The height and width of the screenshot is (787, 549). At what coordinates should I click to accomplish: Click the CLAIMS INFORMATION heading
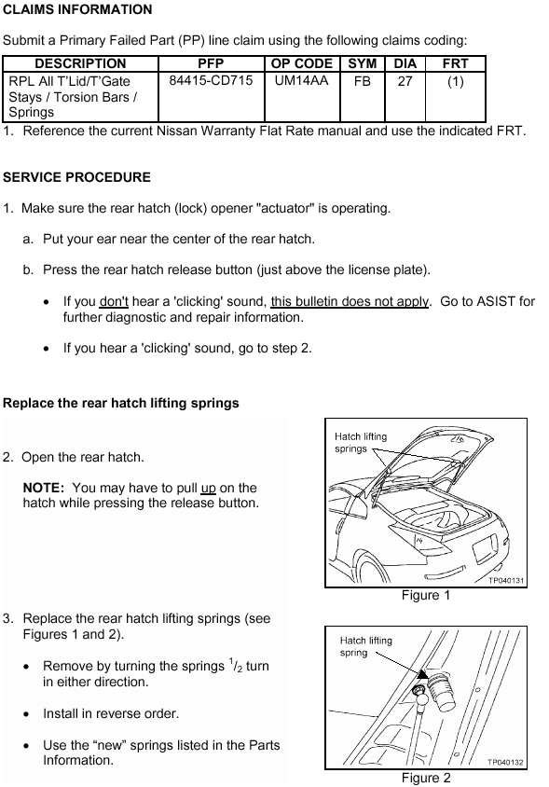click(x=77, y=9)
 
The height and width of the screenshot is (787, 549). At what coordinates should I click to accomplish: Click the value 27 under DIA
click(x=405, y=81)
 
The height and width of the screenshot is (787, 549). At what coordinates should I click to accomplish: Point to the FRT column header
click(x=455, y=63)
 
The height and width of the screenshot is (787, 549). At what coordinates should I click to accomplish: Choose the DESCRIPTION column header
click(x=80, y=63)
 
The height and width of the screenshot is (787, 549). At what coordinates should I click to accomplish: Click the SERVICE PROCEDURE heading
click(x=76, y=177)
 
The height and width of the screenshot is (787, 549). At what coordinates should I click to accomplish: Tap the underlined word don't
click(x=114, y=301)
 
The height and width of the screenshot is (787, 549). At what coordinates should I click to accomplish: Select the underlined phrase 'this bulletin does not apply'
click(x=350, y=301)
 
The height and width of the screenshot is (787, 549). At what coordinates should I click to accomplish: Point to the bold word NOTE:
click(x=44, y=488)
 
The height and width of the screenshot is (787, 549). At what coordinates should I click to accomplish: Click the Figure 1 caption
click(x=426, y=595)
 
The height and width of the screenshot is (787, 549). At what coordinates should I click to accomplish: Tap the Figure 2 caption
click(x=426, y=778)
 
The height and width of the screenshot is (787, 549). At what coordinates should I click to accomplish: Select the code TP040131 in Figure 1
click(x=506, y=580)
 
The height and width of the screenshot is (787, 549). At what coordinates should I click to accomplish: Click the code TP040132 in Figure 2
click(x=505, y=762)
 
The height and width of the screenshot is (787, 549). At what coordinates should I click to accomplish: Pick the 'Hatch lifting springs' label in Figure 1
click(x=361, y=443)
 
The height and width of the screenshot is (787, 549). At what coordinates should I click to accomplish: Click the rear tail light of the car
click(x=485, y=549)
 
